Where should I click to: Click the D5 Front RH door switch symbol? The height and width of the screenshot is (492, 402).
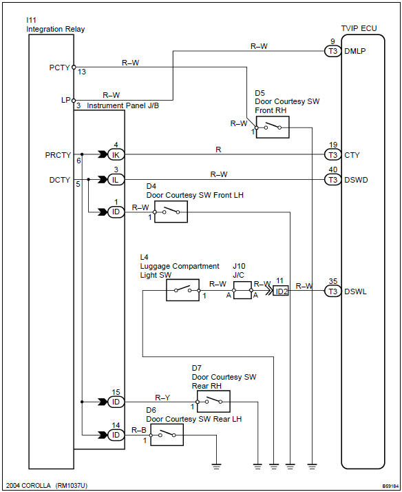(272, 127)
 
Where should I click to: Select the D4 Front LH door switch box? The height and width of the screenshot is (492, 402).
(170, 212)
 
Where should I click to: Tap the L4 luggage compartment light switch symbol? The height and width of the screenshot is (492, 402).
(182, 290)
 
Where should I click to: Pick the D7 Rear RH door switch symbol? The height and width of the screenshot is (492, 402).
(213, 401)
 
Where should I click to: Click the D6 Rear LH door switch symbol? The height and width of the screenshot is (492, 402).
(167, 435)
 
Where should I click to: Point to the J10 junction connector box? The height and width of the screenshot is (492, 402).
(243, 291)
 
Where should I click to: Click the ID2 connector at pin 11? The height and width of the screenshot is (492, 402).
(281, 291)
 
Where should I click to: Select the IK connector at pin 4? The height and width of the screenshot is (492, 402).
(115, 154)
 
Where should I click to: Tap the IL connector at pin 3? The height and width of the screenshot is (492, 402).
(115, 179)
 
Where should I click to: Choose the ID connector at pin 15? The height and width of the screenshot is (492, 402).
(115, 401)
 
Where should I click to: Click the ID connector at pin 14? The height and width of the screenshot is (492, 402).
(115, 435)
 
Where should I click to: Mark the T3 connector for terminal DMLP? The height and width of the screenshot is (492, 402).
(332, 50)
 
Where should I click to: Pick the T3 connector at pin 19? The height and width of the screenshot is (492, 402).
(332, 154)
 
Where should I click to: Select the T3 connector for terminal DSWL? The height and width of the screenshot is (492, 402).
(332, 291)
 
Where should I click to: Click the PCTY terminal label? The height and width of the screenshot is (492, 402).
(60, 68)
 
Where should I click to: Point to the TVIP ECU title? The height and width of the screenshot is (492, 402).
(359, 28)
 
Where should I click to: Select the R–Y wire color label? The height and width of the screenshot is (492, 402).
(162, 397)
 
